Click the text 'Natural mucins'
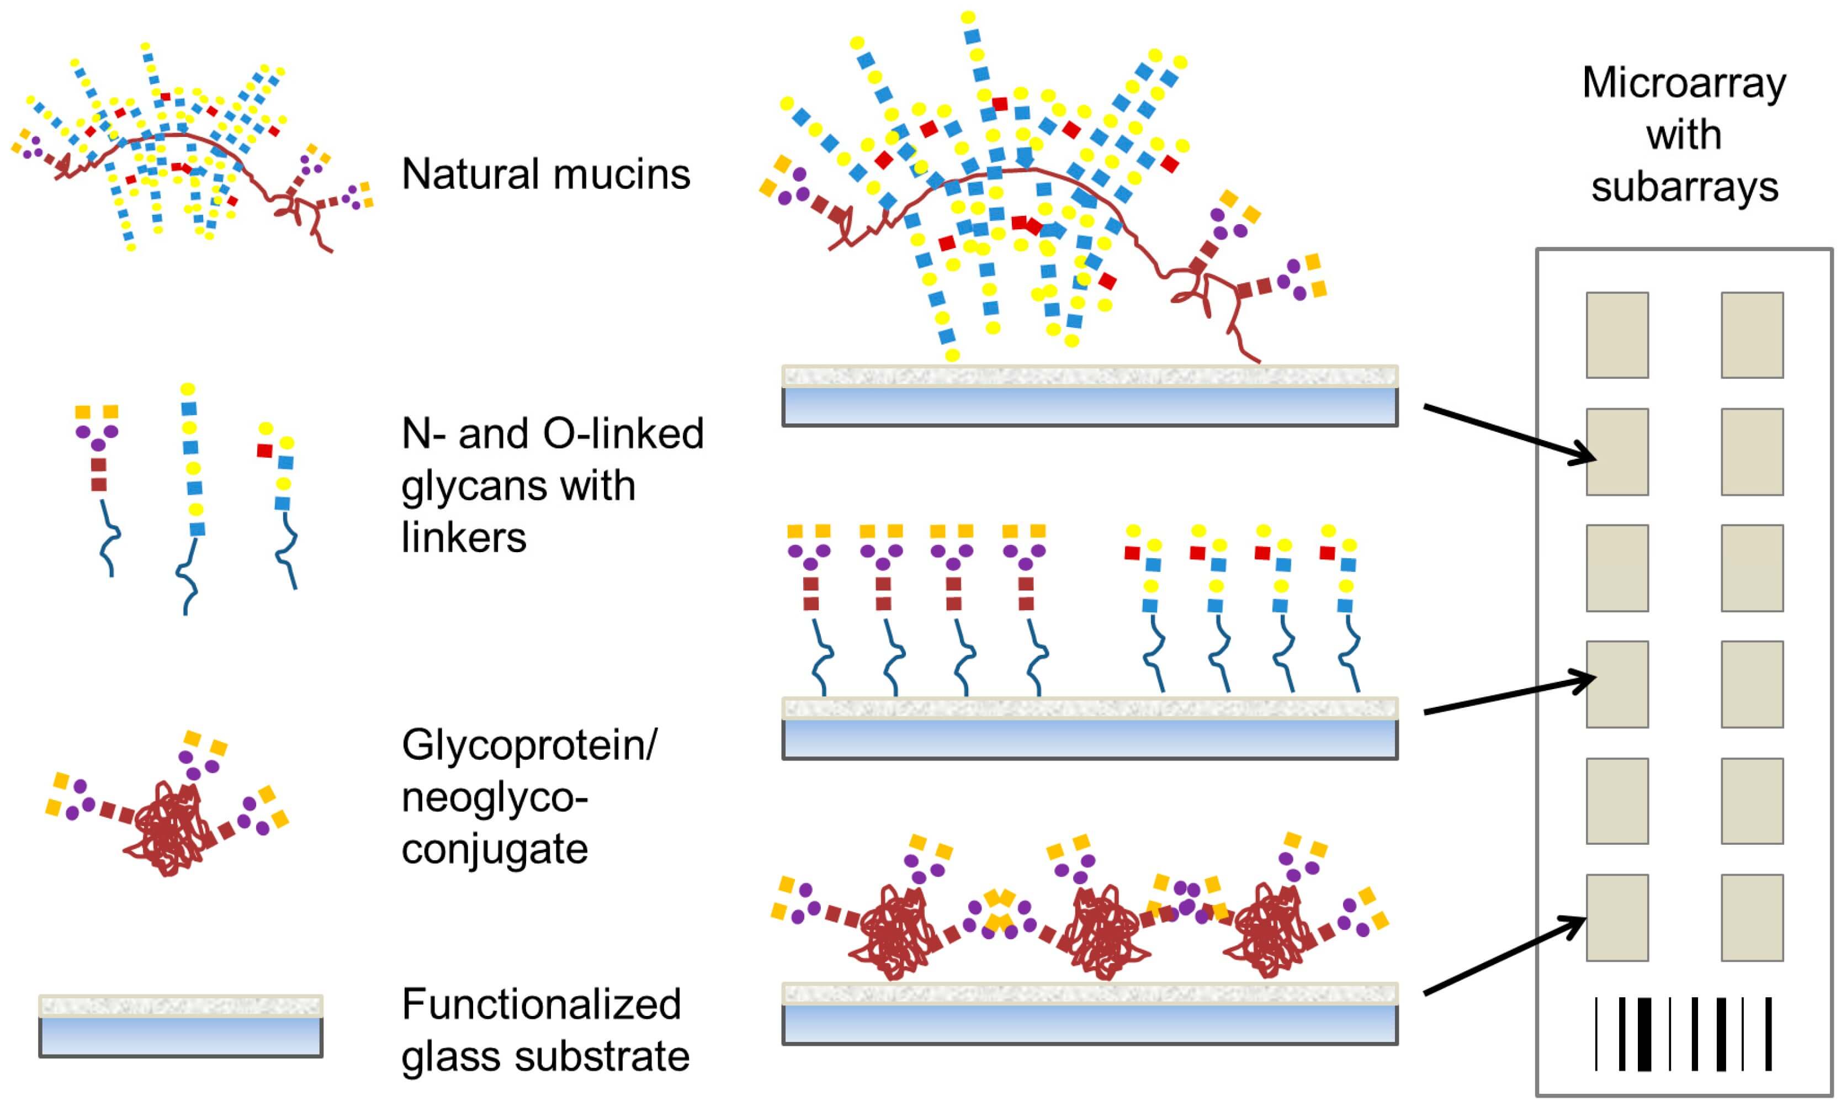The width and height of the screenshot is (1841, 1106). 545,174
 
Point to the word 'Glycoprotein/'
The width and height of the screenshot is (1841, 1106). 529,744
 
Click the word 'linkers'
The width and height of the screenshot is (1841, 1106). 463,537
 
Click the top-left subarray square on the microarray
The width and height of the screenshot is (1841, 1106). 1617,335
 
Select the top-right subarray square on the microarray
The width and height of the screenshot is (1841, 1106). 1752,335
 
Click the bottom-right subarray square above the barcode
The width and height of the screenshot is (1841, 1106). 1752,918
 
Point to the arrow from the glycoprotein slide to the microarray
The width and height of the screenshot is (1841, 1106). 1505,955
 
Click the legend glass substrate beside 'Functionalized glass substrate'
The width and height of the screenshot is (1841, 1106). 181,1027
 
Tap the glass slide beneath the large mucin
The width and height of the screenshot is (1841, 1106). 1089,396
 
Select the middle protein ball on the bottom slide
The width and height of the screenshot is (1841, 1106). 1101,932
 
